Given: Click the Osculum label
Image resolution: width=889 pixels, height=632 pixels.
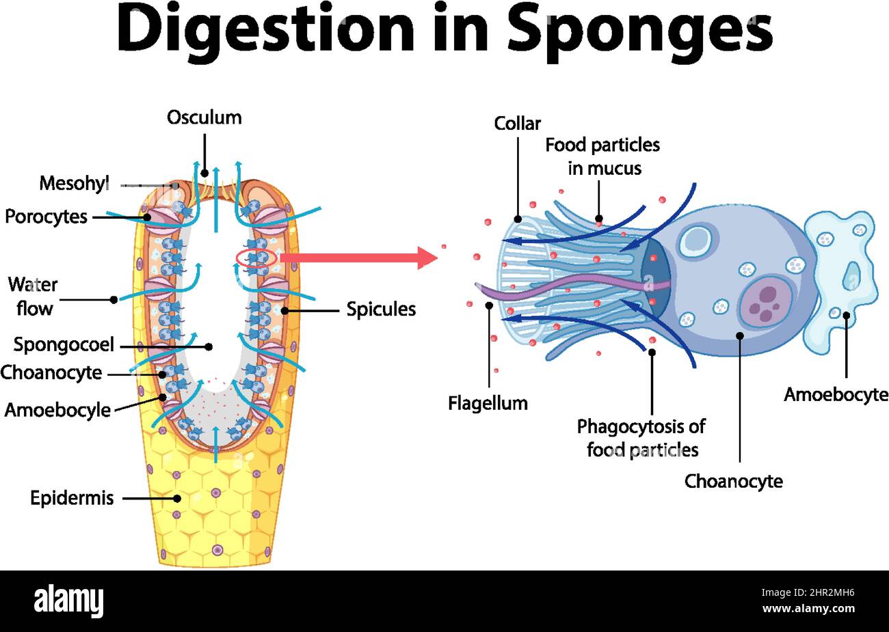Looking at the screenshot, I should click(x=204, y=118).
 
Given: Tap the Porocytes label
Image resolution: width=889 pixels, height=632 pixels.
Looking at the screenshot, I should click(x=46, y=217).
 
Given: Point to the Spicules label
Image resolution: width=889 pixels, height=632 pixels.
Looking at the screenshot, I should click(x=381, y=309).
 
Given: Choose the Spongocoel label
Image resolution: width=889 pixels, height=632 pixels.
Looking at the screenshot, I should click(x=64, y=344).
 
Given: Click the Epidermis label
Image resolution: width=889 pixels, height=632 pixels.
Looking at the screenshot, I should click(x=72, y=497).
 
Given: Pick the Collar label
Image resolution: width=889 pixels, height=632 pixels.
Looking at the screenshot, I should click(x=517, y=124).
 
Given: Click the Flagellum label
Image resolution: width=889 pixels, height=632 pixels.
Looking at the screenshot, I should click(x=488, y=403).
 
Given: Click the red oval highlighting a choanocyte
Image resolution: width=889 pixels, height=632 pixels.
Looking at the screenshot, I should click(x=256, y=258).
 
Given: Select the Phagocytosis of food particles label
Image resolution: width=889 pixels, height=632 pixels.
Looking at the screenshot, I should click(x=641, y=438).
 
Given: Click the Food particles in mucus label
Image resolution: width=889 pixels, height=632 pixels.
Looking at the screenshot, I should click(x=602, y=156).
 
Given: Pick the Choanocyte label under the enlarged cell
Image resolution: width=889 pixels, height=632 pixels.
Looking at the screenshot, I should click(x=733, y=481).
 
